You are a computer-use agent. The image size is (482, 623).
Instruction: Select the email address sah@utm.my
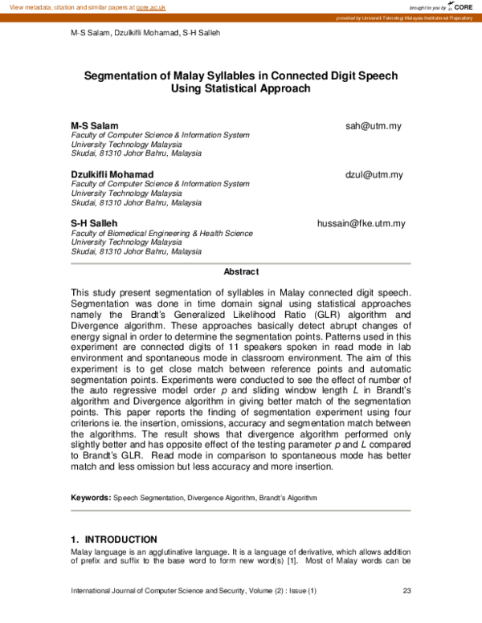pos(374,127)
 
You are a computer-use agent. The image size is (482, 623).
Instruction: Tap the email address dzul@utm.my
pos(374,174)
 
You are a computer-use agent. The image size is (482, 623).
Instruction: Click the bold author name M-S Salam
pos(95,127)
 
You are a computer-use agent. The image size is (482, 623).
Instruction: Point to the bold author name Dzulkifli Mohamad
pos(112,174)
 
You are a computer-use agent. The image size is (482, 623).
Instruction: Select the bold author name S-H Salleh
pos(94,223)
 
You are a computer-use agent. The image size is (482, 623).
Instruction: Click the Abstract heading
pos(241,272)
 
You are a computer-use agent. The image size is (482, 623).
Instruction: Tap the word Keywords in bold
pos(90,498)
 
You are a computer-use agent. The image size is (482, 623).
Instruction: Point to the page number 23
pos(406,592)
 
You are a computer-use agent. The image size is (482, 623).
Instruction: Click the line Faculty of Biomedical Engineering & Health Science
pos(162,234)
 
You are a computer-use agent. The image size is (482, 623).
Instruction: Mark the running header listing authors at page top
pos(145,33)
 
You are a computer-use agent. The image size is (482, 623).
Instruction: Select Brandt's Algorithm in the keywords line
pos(288,498)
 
